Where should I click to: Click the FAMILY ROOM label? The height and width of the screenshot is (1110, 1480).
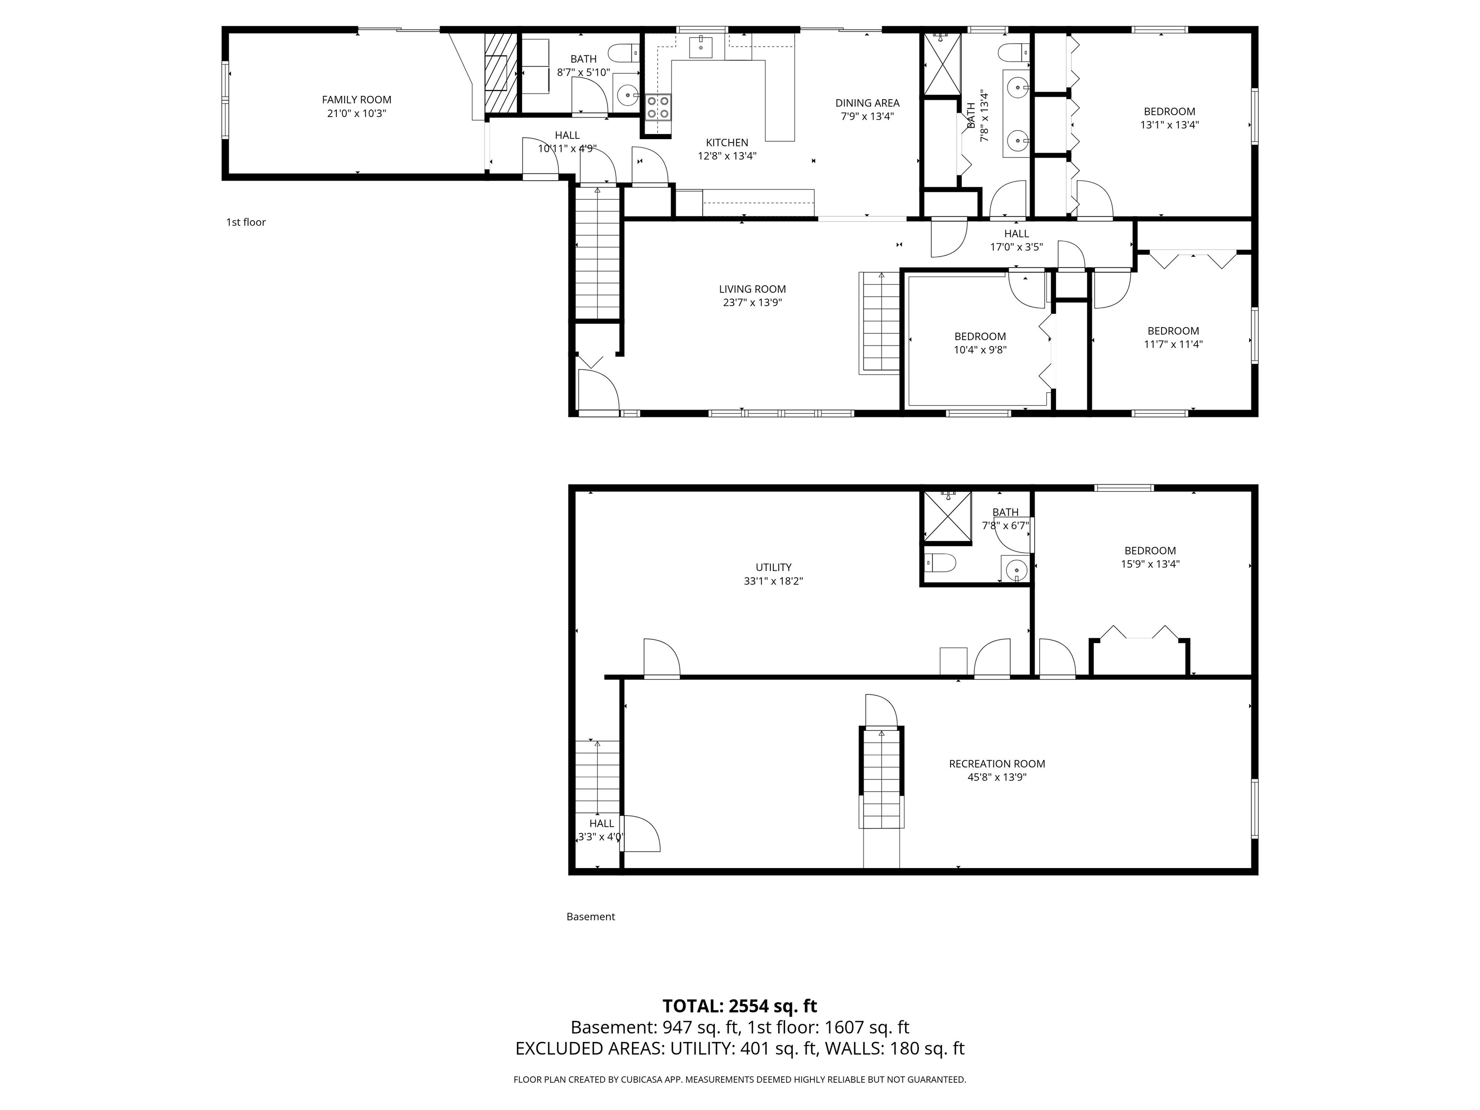(x=357, y=100)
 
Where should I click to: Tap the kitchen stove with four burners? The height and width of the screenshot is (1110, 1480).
(x=658, y=107)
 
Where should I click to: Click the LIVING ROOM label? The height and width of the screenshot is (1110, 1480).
(x=752, y=289)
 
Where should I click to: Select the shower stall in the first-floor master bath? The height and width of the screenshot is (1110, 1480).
(x=942, y=64)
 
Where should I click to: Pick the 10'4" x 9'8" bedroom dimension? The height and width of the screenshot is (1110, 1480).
(x=979, y=349)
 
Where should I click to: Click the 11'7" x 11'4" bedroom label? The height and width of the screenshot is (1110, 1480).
(x=1173, y=331)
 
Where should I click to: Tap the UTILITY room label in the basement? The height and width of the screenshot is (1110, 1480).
(x=773, y=568)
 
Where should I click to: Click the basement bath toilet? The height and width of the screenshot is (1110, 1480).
(x=939, y=563)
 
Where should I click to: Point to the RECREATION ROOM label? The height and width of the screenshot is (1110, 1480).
(x=996, y=764)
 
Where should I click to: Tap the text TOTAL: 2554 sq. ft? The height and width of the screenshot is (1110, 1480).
(x=740, y=1006)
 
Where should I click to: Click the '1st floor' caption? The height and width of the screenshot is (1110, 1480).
(x=246, y=222)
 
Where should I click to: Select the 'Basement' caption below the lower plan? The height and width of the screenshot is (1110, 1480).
(x=590, y=917)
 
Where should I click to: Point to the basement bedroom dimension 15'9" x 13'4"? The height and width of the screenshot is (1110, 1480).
(x=1150, y=564)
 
